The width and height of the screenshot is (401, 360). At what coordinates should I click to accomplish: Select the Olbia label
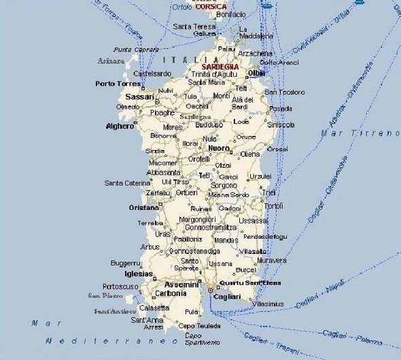[x=256, y=73]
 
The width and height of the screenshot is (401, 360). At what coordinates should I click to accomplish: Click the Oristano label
[x=143, y=207]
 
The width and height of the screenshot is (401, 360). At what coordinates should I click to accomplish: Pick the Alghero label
[x=120, y=126]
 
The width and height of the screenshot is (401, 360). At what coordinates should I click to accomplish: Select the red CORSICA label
[x=211, y=7]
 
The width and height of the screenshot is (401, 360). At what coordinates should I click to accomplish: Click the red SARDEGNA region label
[x=220, y=67]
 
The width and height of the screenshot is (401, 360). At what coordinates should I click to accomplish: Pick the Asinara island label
[x=111, y=60]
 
